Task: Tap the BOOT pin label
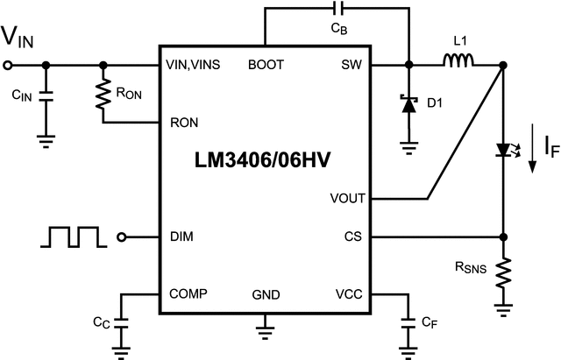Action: (266, 65)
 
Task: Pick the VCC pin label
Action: (350, 294)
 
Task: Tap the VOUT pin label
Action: (347, 199)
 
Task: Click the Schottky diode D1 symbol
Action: (408, 104)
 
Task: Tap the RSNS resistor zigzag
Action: (504, 273)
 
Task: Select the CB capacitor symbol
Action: (337, 11)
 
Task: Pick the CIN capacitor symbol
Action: (46, 94)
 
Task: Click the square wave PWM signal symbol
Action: (76, 236)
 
